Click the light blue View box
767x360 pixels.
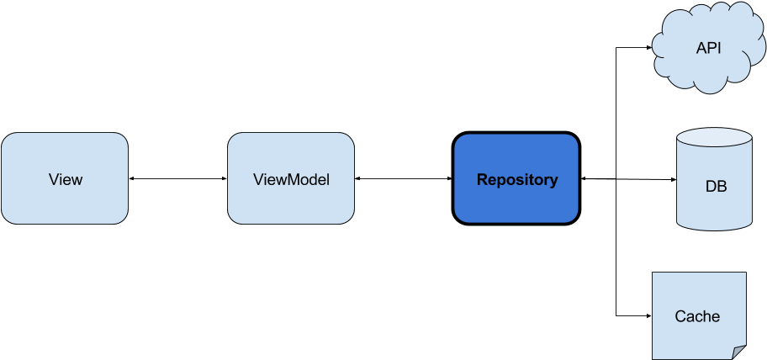click(65, 178)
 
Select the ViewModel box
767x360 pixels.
click(291, 178)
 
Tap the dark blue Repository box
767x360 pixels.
click(516, 178)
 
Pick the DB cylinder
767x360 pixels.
click(714, 181)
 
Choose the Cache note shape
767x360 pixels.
click(699, 315)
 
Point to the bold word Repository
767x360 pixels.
click(516, 180)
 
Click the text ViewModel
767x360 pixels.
click(291, 180)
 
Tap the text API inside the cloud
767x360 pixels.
click(709, 49)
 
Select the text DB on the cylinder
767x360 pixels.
click(716, 186)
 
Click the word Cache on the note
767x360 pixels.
click(697, 317)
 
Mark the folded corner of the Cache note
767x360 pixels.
click(738, 352)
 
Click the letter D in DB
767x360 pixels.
click(711, 186)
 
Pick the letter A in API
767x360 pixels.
click(701, 49)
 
